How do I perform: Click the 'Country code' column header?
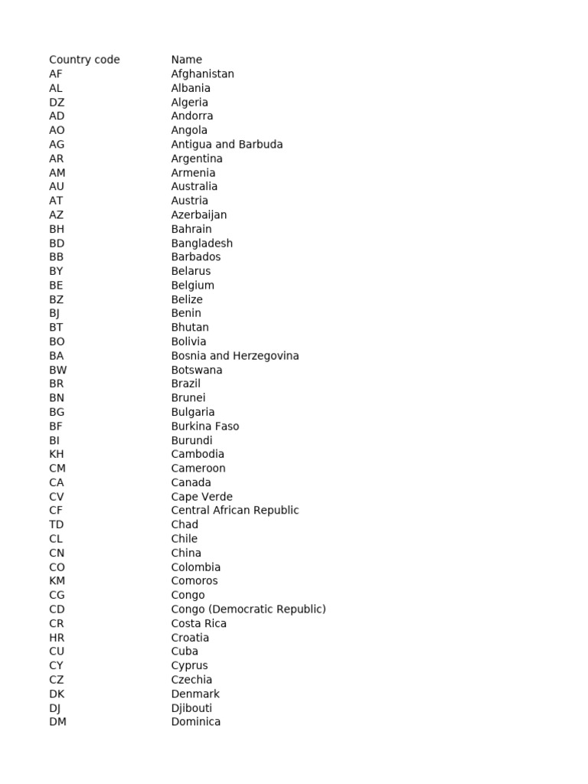click(x=84, y=60)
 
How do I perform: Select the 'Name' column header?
click(x=187, y=60)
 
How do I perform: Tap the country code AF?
click(x=56, y=74)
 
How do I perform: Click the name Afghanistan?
click(x=203, y=74)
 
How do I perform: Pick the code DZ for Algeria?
click(x=57, y=103)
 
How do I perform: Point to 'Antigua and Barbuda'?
click(x=227, y=145)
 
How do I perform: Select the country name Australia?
click(x=194, y=187)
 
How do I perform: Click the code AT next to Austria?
click(x=57, y=201)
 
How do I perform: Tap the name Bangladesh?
click(x=202, y=243)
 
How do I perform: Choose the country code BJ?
click(x=54, y=313)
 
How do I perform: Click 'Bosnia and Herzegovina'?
click(x=235, y=356)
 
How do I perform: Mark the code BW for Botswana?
click(x=58, y=370)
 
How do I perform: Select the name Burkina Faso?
click(x=205, y=426)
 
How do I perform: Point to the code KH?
click(x=57, y=454)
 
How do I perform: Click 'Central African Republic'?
click(x=235, y=511)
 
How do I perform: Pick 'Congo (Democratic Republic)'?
click(x=249, y=609)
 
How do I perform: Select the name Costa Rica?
click(x=199, y=623)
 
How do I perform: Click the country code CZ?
click(x=57, y=680)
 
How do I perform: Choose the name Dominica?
click(x=196, y=722)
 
